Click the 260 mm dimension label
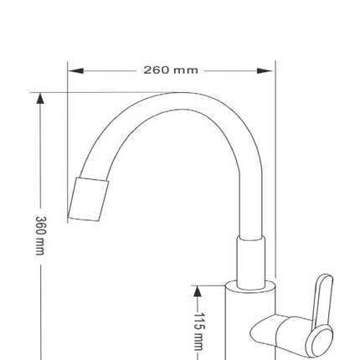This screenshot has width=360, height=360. point(171,69)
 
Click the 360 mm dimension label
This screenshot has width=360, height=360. point(40,235)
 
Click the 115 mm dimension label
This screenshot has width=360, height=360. point(199,332)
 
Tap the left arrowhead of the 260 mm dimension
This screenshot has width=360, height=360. point(76,70)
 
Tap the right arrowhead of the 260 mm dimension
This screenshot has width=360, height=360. point(265,70)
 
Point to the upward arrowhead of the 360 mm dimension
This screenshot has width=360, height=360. point(41,99)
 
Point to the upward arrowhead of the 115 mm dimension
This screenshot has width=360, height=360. point(198,291)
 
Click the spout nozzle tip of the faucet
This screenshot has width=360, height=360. point(89,198)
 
